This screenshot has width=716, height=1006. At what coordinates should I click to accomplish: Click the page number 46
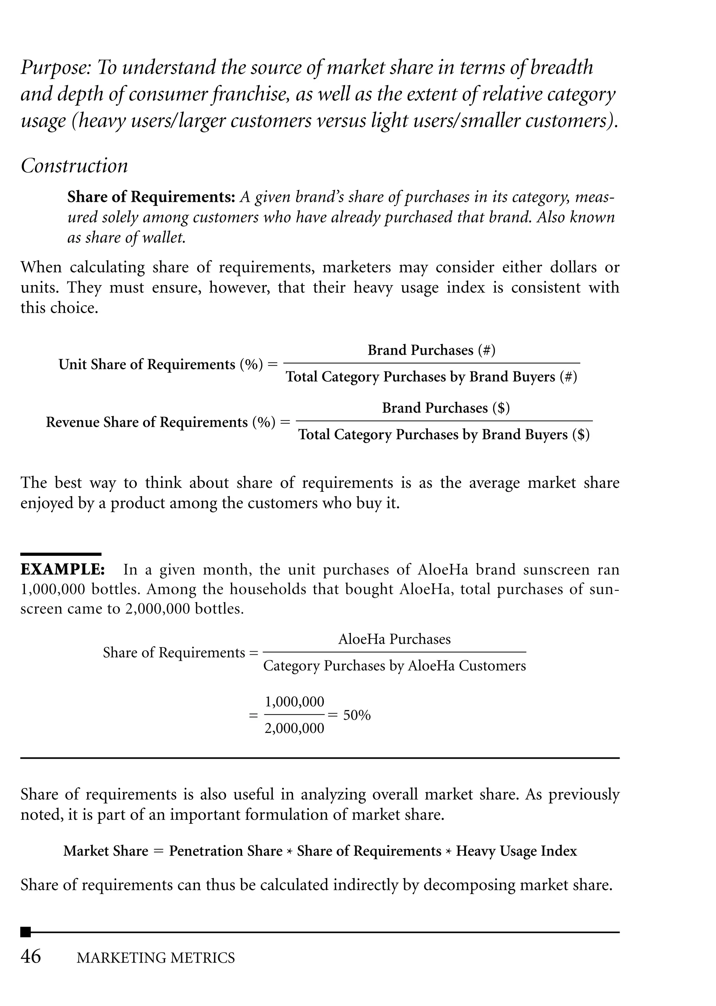point(31,957)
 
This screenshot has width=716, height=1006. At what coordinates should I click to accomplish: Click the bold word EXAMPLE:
point(63,569)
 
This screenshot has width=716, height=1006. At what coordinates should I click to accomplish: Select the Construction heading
point(74,166)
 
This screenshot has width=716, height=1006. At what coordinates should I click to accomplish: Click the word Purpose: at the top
point(56,68)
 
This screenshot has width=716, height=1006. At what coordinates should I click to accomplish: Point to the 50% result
point(357,715)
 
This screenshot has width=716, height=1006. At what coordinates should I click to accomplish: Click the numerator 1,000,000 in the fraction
point(294,702)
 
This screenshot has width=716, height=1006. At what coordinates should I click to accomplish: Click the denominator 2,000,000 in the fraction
point(294,728)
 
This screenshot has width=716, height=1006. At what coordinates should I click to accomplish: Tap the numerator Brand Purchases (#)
point(431,350)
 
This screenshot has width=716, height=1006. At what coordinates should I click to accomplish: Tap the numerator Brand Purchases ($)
point(445,408)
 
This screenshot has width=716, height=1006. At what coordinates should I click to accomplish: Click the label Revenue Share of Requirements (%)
point(161,423)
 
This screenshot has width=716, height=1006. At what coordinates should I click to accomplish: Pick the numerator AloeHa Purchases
point(394,639)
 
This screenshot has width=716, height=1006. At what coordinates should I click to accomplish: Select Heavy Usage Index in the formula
point(516,851)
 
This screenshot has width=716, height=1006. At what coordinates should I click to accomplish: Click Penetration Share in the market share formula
point(225,851)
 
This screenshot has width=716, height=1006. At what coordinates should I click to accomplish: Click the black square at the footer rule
point(26,932)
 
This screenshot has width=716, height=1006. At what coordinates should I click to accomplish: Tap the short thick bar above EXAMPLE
point(61,554)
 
